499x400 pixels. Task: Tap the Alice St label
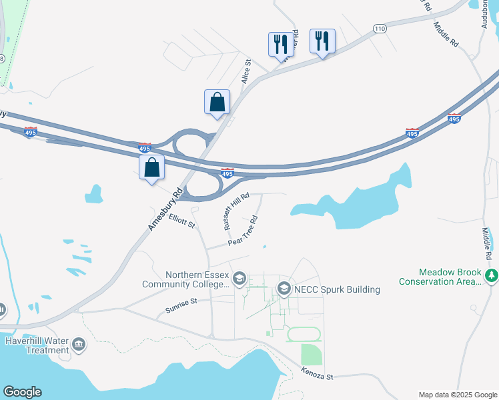point(246,70)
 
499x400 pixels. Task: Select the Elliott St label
point(181,221)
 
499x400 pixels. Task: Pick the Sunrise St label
point(181,306)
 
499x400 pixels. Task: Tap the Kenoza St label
point(316,373)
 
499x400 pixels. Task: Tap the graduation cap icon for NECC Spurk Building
point(284,289)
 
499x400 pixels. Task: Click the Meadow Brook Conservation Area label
point(440,277)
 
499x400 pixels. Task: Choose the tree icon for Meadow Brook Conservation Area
point(492,275)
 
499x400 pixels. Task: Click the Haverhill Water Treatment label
point(37,345)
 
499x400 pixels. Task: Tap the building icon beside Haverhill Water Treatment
point(79,345)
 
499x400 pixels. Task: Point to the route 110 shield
point(380,29)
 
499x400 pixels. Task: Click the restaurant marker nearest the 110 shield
point(322,41)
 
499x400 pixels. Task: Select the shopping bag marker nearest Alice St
point(217,102)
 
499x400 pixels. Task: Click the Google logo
point(22,392)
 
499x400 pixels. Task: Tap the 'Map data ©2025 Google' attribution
point(458,395)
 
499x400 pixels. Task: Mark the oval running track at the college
point(304,334)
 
